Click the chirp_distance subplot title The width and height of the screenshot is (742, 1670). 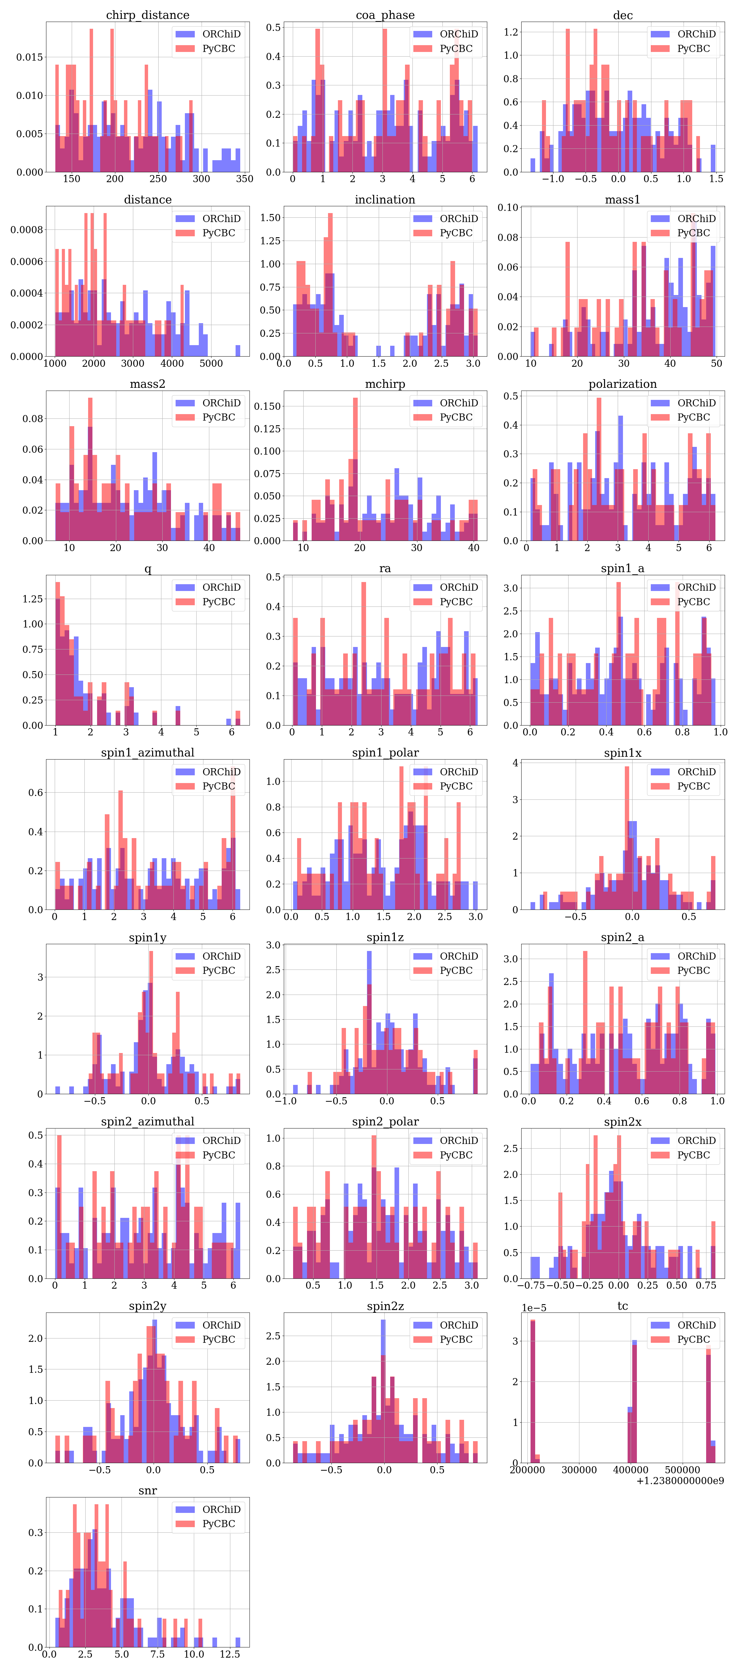[x=148, y=15]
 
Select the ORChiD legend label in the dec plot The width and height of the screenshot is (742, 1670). [x=696, y=34]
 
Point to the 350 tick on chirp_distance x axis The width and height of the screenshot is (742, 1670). [x=244, y=179]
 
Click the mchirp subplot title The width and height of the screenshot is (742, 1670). [x=385, y=384]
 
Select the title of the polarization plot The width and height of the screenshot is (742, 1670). [x=622, y=384]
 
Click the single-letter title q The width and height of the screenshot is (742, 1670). [x=148, y=568]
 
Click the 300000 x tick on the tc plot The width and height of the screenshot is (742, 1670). [x=579, y=1470]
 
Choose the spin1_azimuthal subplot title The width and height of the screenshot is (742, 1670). [x=148, y=753]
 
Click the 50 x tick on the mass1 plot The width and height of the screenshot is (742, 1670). [x=716, y=363]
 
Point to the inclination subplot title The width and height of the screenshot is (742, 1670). [x=385, y=200]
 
